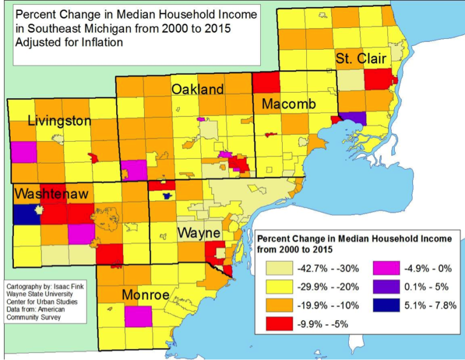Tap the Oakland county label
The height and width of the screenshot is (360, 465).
point(197,90)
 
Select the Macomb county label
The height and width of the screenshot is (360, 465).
point(289,105)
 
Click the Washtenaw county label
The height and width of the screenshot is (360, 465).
point(51,195)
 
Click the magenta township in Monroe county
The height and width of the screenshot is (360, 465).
point(139,316)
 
